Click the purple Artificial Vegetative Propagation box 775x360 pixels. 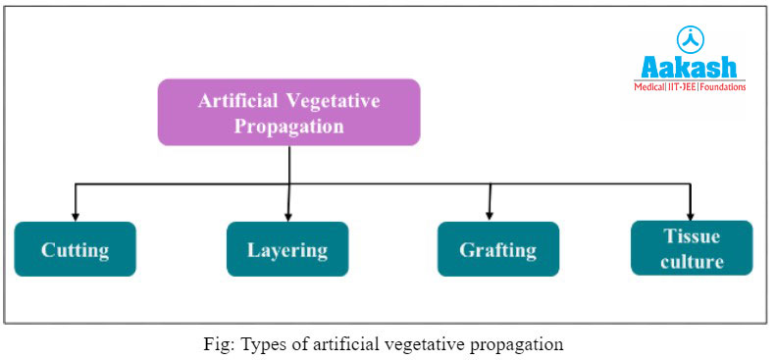[289, 113]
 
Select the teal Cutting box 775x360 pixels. [75, 249]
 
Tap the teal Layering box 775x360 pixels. [287, 249]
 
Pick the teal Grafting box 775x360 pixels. [497, 249]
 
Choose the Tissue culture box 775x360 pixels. [692, 248]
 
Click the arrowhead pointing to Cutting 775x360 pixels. [75, 216]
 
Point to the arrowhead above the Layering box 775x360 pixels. [287, 216]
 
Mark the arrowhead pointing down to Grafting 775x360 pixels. [490, 216]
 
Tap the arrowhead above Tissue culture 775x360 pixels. [692, 215]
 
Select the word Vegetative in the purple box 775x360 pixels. [333, 101]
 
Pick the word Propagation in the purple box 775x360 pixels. [289, 127]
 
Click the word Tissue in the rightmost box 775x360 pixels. [692, 236]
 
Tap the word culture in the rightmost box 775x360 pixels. [692, 261]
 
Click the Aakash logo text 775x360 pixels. [690, 67]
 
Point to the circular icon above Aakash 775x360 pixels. [691, 40]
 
